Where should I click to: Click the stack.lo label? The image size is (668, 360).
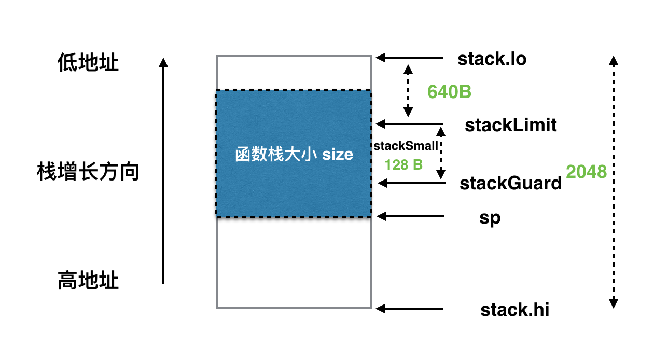(492, 59)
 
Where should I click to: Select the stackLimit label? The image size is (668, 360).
(511, 125)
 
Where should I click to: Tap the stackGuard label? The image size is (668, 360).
(510, 183)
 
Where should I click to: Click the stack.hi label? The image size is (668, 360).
(514, 310)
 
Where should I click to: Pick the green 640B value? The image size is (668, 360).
(449, 92)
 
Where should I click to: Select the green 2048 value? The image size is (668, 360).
(586, 171)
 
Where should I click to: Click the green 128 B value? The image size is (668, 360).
(403, 165)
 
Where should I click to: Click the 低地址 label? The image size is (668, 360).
(88, 63)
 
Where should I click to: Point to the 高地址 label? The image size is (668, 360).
(88, 281)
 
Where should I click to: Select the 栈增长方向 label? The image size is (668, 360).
(88, 172)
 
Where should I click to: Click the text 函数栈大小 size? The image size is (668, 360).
(294, 154)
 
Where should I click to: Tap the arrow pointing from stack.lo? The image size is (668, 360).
(410, 58)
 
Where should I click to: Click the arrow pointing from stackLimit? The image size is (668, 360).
(410, 124)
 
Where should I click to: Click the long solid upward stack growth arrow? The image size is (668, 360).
(163, 171)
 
